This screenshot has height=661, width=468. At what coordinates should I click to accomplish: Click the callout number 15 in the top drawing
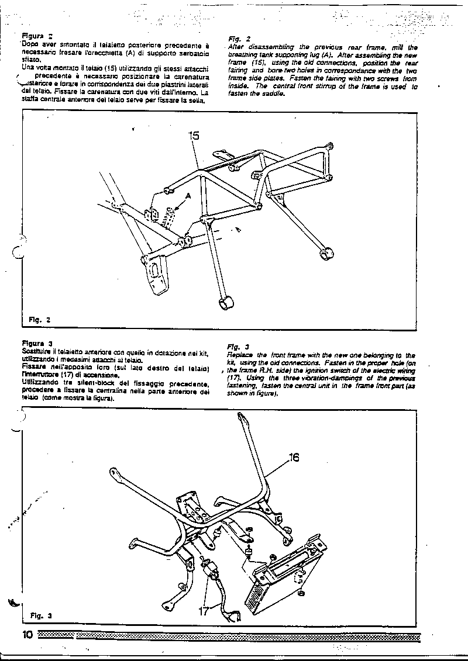194,136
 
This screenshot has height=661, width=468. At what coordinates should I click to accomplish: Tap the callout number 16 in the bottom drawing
294,458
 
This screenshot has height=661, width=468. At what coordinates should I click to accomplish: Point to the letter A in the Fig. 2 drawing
188,196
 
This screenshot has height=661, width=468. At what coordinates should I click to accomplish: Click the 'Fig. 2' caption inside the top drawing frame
40,320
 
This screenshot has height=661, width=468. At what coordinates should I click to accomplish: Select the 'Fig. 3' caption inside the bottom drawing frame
41,615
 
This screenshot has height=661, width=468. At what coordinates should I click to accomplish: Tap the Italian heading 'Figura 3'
37,342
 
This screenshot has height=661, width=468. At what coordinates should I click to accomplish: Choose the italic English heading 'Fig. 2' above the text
234,39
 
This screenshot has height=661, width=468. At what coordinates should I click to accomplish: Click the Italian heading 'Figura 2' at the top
37,35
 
